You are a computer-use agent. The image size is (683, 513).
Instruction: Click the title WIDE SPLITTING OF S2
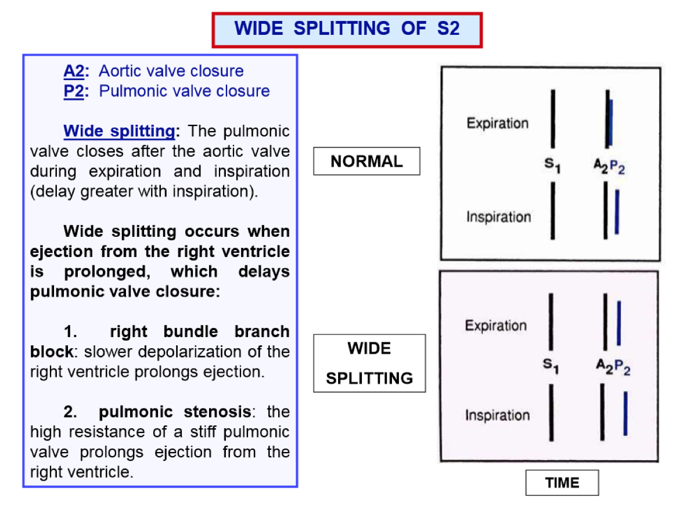pos(347,28)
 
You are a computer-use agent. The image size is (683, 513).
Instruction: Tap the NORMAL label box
pos(366,161)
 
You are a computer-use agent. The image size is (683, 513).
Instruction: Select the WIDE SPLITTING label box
pos(369,363)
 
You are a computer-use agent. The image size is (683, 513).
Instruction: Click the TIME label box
pos(562,483)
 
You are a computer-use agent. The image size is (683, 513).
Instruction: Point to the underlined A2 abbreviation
pos(74,71)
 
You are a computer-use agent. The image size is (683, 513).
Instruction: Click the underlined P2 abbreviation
pos(74,91)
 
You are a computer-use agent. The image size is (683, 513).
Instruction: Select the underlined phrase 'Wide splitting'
pos(119,131)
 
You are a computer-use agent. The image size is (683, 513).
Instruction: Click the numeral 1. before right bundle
pos(71,332)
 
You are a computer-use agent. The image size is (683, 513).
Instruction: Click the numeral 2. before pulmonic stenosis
pos(71,412)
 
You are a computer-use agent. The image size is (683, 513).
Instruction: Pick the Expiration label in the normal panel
pos(498,124)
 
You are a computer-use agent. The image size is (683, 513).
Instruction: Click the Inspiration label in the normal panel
pos(498,217)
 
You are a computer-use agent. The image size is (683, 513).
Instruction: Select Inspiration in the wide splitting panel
pos(497,416)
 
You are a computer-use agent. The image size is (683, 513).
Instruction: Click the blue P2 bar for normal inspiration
pos(617,212)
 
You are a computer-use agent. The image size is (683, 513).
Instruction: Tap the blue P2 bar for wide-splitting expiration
pos(619,323)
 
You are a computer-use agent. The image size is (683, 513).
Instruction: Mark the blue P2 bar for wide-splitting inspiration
pos(625,413)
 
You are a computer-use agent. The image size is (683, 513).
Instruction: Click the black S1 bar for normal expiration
pos(553,119)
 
